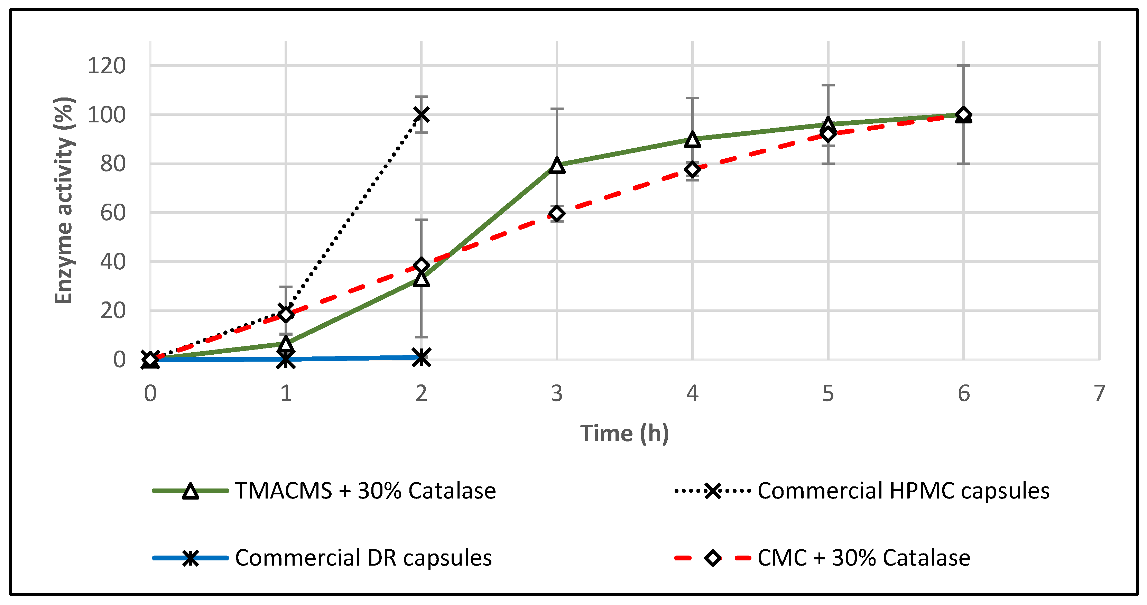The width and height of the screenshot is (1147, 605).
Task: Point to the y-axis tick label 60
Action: [x=113, y=213]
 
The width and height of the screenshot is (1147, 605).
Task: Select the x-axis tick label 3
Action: [x=557, y=393]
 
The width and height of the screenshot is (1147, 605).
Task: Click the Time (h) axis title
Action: [x=624, y=434]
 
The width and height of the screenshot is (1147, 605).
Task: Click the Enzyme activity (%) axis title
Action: [x=64, y=200]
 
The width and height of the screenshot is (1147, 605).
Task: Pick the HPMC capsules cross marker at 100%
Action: [x=421, y=114]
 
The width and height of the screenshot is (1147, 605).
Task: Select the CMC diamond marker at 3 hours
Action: [x=557, y=214]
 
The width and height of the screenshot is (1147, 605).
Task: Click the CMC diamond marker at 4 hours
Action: [x=692, y=169]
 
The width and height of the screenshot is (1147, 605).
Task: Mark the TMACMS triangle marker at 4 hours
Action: [x=692, y=140]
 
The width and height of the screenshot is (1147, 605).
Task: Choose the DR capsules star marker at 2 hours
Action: [x=421, y=357]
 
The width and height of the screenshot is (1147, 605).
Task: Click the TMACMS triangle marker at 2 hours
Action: [x=421, y=279]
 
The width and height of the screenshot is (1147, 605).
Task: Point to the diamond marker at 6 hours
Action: [x=963, y=114]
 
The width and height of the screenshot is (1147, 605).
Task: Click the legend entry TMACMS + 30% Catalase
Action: [x=365, y=491]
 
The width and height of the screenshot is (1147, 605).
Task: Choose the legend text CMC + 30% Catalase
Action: [x=864, y=558]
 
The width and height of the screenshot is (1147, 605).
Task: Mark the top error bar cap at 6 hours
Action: [x=963, y=66]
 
